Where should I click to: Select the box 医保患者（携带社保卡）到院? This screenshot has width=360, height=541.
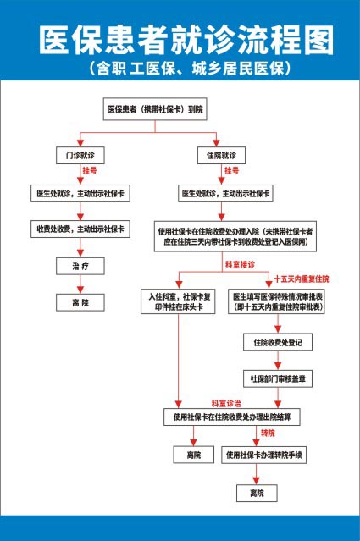point(154,109)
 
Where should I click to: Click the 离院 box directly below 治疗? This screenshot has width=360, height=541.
point(80,301)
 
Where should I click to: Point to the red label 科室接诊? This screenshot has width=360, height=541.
point(240,265)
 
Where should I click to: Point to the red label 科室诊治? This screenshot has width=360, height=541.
point(226,403)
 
